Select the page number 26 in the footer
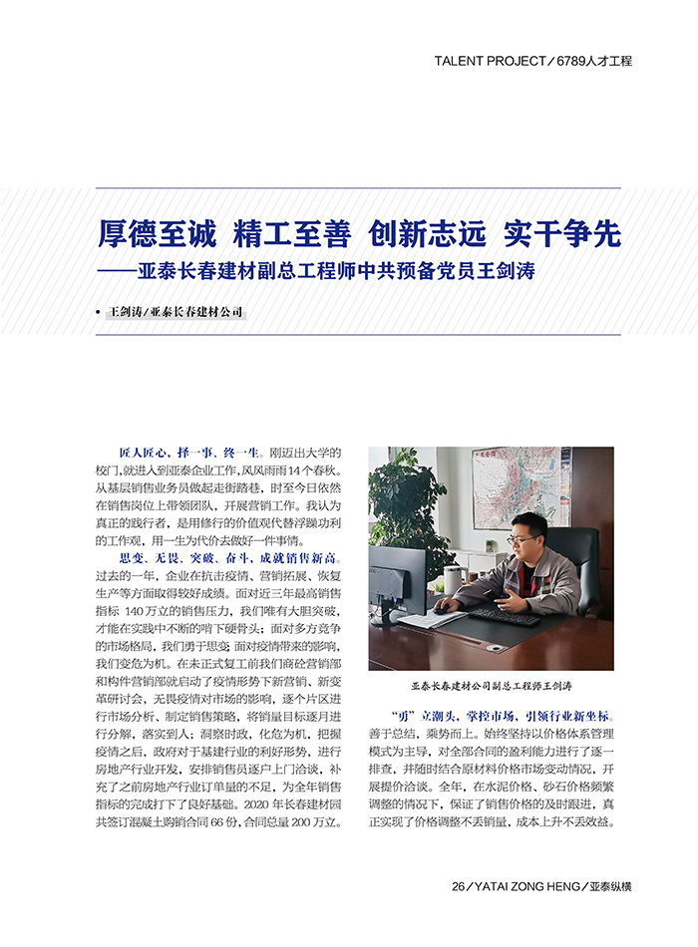pos(459,886)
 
